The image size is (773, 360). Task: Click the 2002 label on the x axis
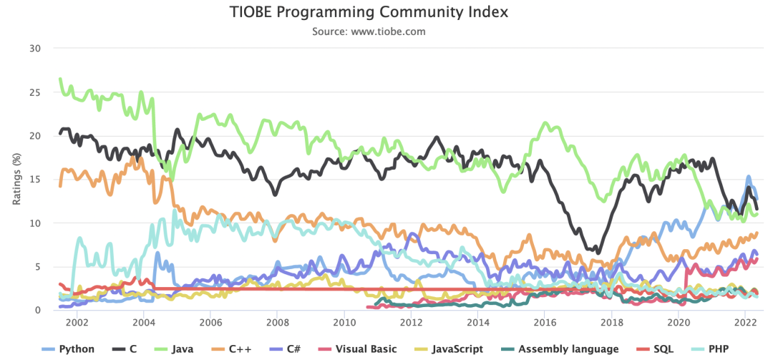[77, 322]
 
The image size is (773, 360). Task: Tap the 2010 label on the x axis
[344, 322]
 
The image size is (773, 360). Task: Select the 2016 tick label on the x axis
[545, 322]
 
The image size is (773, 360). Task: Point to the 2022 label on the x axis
[745, 322]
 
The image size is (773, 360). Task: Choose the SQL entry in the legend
[654, 349]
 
